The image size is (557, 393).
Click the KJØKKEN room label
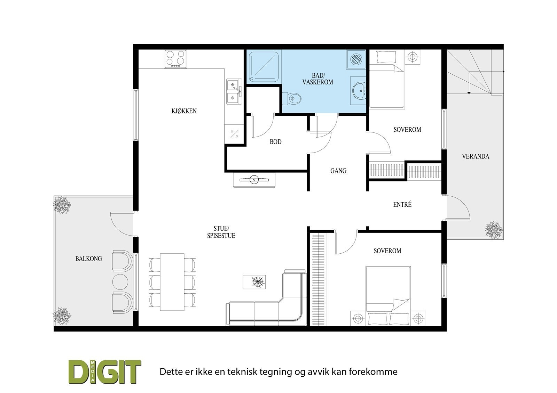[184, 111]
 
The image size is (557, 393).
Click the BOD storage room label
[275, 142]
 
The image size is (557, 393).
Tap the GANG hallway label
[338, 171]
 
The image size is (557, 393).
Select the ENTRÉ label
[402, 204]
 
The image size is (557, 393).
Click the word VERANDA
[475, 156]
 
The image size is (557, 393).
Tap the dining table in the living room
[172, 281]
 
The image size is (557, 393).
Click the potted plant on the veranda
[494, 230]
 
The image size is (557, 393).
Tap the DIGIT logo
[104, 371]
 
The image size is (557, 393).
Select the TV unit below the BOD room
[254, 180]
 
